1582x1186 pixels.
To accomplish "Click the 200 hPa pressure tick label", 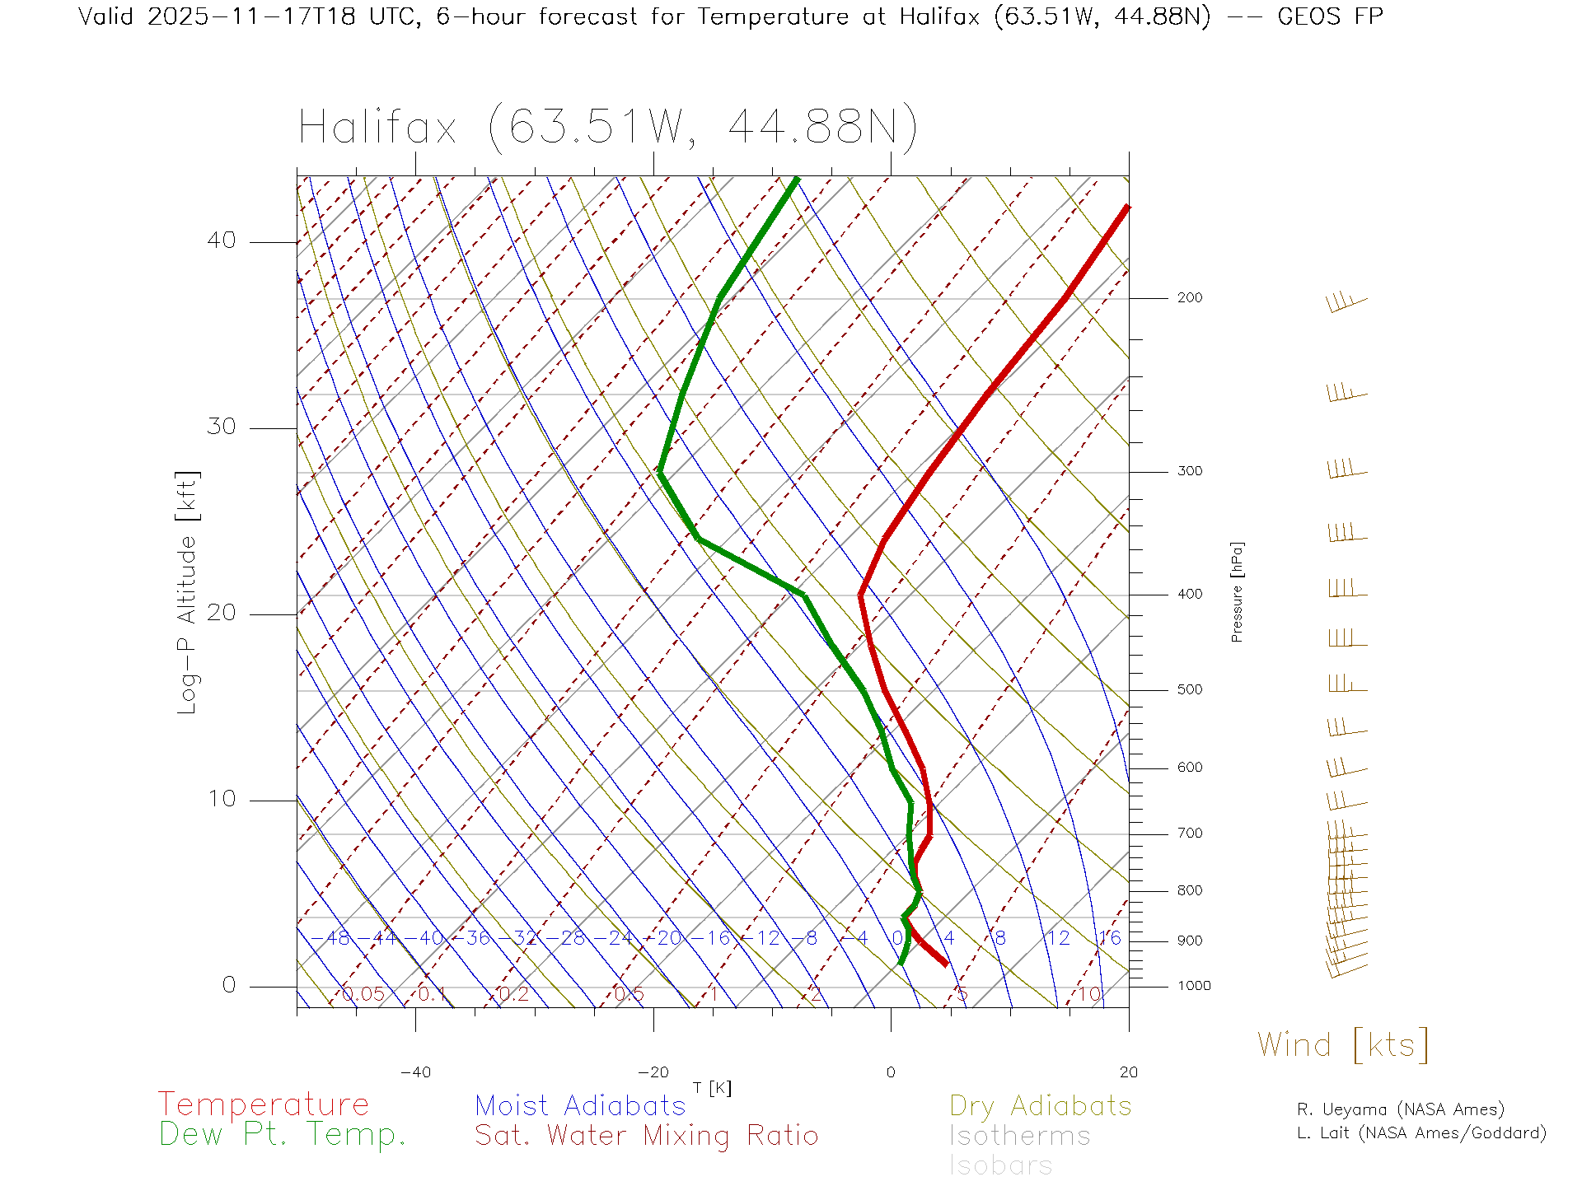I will [1189, 298].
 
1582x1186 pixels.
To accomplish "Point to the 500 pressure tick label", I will [1189, 690].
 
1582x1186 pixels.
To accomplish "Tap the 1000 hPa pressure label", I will [1194, 986].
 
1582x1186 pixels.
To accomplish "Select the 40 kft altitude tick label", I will [221, 240].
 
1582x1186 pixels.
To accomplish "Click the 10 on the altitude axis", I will [221, 799].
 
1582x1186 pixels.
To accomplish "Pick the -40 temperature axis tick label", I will [415, 1072].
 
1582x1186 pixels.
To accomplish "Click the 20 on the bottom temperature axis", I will [1128, 1072].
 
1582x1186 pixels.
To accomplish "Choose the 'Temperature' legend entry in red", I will [264, 1104].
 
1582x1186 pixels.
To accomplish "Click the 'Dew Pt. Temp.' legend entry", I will [283, 1135].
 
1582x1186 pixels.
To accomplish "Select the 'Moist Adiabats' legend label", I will [581, 1106].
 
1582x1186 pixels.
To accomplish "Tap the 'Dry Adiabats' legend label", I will [1041, 1106].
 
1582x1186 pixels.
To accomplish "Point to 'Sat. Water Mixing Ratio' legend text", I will [647, 1136].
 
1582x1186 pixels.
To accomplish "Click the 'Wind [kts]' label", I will [1343, 1045].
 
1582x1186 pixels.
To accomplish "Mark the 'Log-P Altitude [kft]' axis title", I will [188, 593].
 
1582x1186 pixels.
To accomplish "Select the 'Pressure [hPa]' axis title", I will [1237, 592].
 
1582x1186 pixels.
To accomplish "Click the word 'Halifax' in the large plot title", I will [377, 128].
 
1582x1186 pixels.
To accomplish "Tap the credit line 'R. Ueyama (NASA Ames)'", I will [1401, 1110].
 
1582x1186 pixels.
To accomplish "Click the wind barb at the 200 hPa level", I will [1345, 303].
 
